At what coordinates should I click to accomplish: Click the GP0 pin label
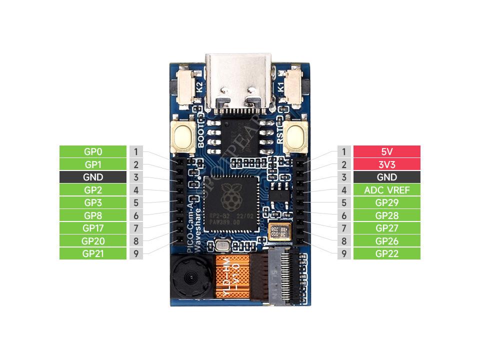[93, 151]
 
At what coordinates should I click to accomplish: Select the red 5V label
[386, 151]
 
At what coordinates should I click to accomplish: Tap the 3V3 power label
[386, 164]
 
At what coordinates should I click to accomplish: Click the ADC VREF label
[386, 190]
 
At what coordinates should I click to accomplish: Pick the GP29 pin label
[386, 203]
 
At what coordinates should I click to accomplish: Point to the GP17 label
[93, 228]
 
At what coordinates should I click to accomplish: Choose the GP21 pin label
[93, 253]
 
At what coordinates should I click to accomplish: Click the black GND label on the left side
[93, 177]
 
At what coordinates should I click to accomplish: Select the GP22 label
[386, 253]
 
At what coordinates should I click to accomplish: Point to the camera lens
[191, 276]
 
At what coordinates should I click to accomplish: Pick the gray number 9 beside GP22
[344, 253]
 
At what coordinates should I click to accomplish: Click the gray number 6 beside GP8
[136, 215]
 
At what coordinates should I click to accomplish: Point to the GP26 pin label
[386, 241]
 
